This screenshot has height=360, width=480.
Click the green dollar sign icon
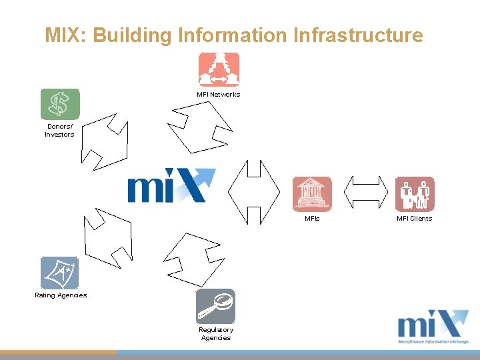60,104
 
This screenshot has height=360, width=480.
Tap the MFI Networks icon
219,70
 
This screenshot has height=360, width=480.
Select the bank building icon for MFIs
312,194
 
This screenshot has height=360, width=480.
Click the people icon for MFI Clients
415,194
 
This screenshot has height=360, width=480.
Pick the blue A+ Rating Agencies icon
59,273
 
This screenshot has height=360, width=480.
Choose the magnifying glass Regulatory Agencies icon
215,306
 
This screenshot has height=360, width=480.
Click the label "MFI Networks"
218,95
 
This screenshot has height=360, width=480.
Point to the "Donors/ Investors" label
59,130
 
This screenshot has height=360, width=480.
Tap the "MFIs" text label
312,219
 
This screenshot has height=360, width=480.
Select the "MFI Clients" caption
414,219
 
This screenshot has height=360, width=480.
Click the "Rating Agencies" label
61,295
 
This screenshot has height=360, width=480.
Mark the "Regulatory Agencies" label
216,333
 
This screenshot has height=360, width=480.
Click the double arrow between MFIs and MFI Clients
365,193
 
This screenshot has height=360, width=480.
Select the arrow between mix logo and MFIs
253,192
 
